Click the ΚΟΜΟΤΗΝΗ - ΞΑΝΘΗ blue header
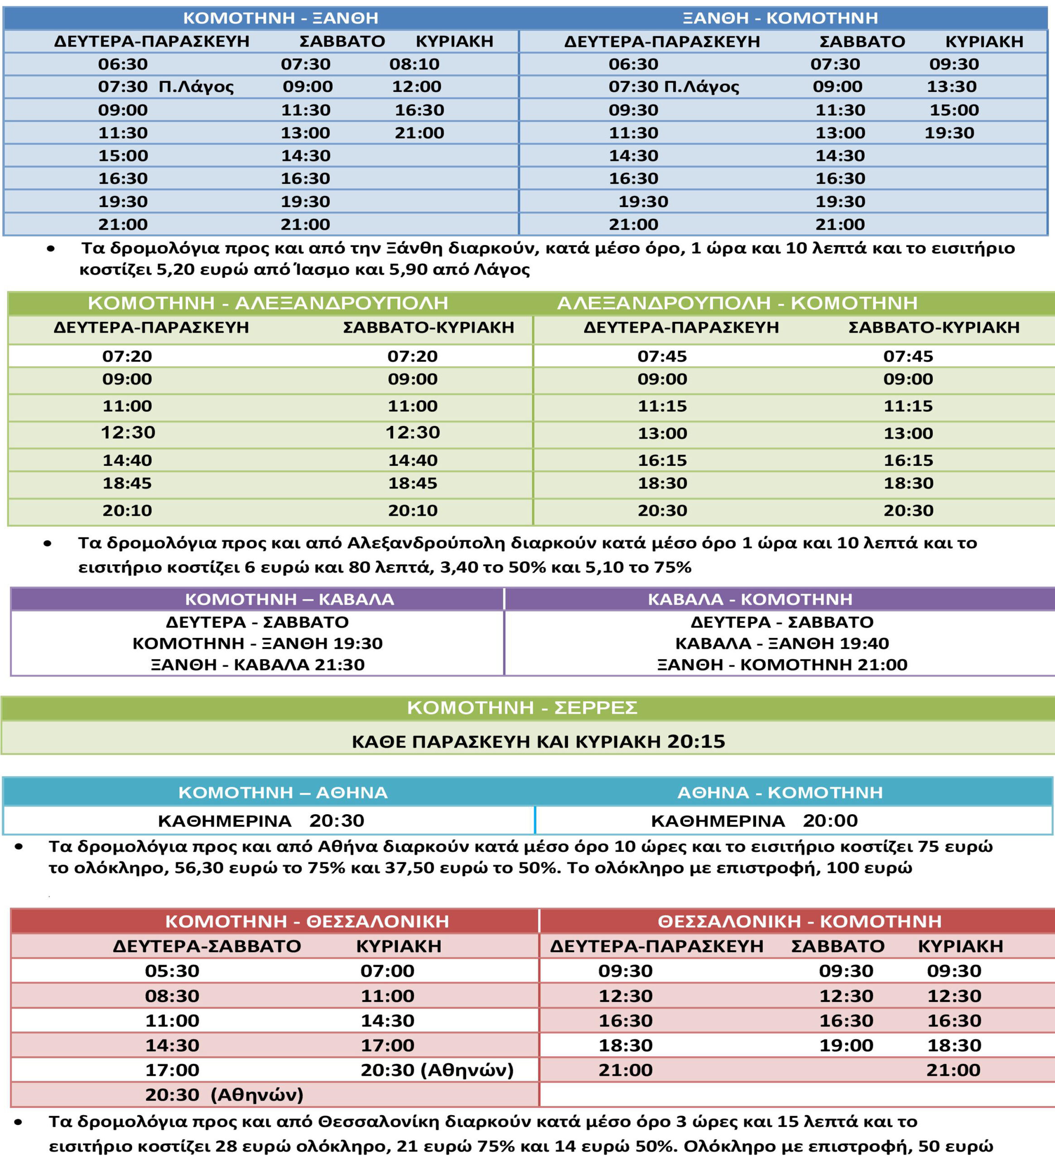point(281,18)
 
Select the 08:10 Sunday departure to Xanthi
point(414,64)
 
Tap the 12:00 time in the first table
point(416,86)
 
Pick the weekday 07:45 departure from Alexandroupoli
point(662,356)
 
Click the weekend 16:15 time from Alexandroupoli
point(908,460)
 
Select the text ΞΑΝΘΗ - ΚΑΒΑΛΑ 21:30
point(258,665)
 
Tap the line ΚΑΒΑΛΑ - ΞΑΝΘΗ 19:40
point(782,643)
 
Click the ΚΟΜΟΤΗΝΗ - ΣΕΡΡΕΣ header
point(522,707)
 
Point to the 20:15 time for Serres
point(696,741)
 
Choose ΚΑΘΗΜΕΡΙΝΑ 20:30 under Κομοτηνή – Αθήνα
point(261,821)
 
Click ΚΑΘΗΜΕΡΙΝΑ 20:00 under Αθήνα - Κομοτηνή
point(754,821)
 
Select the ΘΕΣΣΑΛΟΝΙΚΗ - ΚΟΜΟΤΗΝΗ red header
point(800,921)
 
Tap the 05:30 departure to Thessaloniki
point(172,971)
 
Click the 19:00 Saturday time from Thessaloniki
point(846,1045)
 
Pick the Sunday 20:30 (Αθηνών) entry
point(437,1070)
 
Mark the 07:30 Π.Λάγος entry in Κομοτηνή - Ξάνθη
point(166,86)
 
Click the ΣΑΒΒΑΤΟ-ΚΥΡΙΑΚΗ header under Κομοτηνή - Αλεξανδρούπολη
point(428,328)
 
